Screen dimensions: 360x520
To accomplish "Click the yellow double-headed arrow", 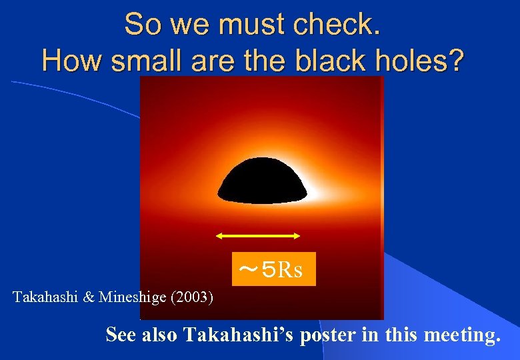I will (x=259, y=235).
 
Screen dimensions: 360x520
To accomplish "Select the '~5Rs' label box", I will (x=273, y=269).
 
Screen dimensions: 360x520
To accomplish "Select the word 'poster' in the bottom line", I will (x=327, y=335).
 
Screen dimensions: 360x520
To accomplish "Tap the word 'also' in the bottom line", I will (x=159, y=335).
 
